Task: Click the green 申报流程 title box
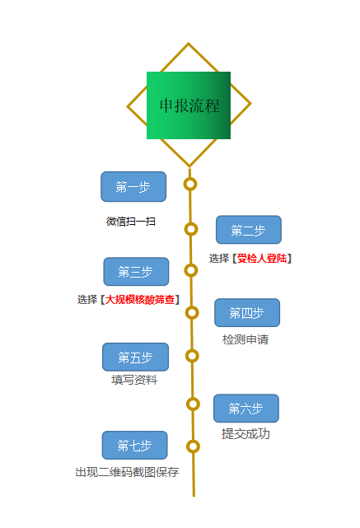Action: click(x=189, y=105)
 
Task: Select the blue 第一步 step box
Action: click(x=133, y=186)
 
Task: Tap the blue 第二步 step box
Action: click(x=249, y=230)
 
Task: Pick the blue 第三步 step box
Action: click(x=136, y=271)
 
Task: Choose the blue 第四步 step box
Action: click(x=247, y=312)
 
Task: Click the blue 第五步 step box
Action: click(x=135, y=357)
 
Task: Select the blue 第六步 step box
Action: click(x=246, y=408)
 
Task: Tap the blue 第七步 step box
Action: click(x=135, y=445)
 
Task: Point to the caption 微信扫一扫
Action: click(x=131, y=222)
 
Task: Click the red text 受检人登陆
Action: click(x=262, y=259)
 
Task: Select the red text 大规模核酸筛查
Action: click(x=140, y=299)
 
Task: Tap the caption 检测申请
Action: click(x=245, y=339)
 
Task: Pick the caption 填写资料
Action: click(x=134, y=380)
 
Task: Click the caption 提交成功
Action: click(x=245, y=434)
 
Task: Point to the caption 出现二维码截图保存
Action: click(x=127, y=472)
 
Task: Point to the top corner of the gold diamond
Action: click(x=189, y=43)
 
